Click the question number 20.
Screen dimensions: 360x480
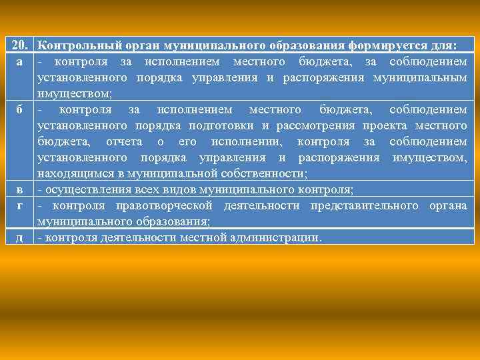click(x=20, y=46)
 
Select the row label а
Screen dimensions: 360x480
click(x=20, y=62)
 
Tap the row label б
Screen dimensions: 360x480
click(x=20, y=109)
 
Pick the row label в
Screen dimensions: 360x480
click(x=20, y=189)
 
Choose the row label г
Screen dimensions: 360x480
click(x=20, y=205)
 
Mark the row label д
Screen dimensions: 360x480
click(x=20, y=237)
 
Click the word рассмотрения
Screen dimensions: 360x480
click(x=312, y=125)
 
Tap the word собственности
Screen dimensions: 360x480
click(x=269, y=173)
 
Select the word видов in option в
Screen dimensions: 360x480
click(x=165, y=189)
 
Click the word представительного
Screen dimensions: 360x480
click(x=359, y=205)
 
